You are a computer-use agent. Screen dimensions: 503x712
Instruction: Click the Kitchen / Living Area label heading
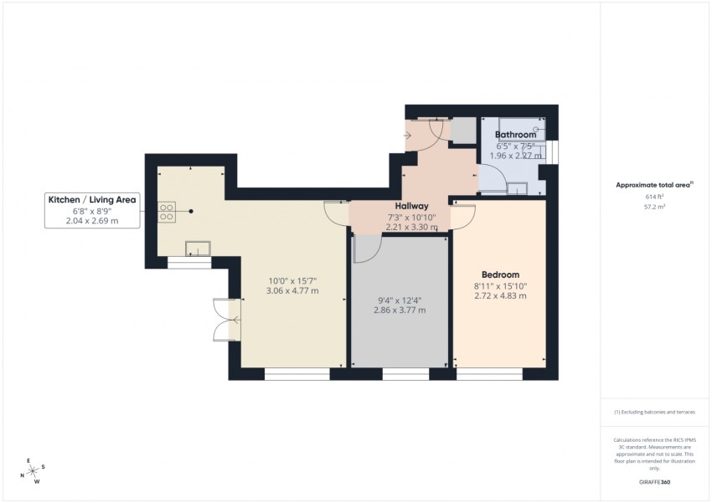click(x=92, y=200)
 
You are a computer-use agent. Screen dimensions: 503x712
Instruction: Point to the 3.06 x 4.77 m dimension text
click(x=292, y=290)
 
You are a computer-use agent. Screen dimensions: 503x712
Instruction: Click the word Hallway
click(x=412, y=206)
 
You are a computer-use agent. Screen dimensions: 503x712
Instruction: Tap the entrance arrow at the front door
click(x=409, y=134)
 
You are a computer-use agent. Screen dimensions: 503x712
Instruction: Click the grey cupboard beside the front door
click(x=462, y=131)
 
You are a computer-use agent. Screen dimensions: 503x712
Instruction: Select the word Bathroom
click(x=514, y=135)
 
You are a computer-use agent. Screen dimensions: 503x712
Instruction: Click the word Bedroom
click(x=500, y=275)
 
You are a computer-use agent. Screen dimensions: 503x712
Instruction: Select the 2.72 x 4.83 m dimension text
click(x=500, y=295)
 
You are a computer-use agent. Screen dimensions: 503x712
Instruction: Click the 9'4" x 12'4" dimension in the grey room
click(x=400, y=300)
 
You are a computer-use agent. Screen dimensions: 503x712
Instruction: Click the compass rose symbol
click(x=33, y=470)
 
